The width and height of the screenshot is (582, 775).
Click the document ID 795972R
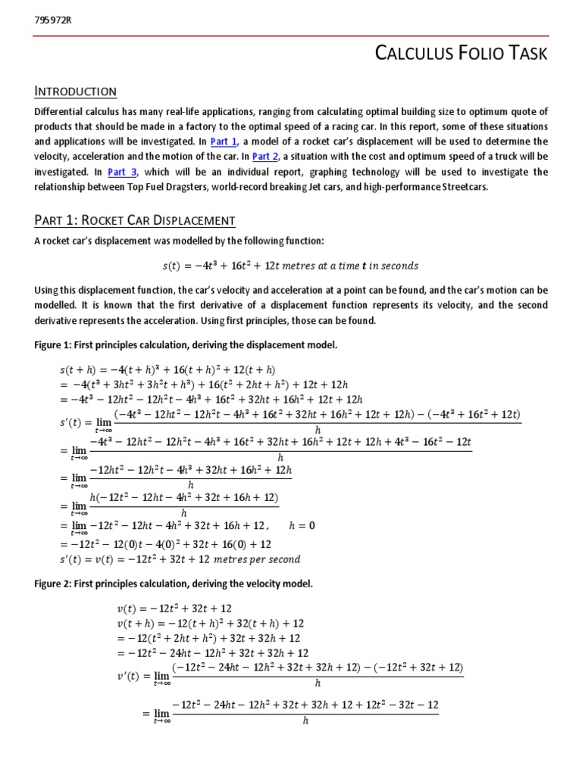53,20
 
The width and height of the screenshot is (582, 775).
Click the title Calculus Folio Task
462,53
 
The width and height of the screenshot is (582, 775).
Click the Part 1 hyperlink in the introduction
224,142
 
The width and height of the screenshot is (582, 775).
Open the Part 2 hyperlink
266,157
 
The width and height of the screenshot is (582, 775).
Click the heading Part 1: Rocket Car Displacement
135,220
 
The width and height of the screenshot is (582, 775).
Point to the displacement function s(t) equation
290,266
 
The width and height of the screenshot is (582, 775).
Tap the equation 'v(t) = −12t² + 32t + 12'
174,608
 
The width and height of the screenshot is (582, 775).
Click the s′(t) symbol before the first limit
51,417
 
